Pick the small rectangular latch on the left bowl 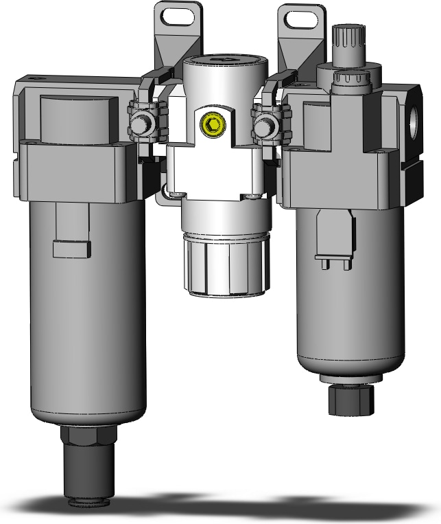point(72,248)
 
